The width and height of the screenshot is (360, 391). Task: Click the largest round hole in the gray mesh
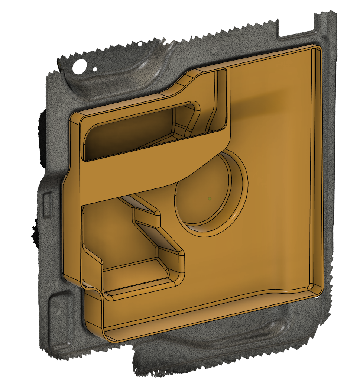[80, 67]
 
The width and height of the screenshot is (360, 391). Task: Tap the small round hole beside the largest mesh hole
[95, 69]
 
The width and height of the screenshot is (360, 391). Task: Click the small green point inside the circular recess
[210, 198]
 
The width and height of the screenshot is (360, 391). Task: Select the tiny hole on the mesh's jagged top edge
[140, 44]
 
